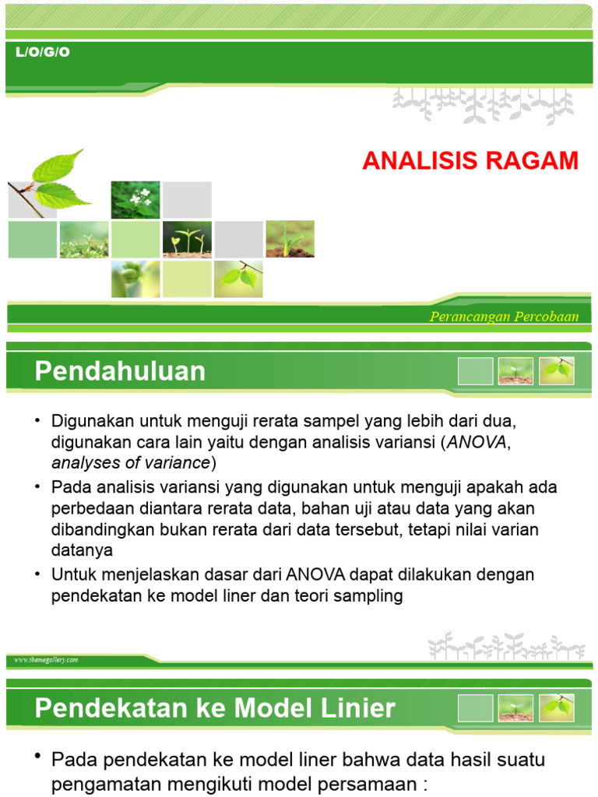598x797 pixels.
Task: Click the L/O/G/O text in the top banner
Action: tap(43, 52)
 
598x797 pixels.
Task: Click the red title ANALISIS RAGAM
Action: tap(470, 161)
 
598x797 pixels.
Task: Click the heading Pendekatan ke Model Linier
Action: tap(215, 709)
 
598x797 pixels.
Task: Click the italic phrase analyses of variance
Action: tap(131, 463)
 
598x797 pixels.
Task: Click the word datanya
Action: tap(82, 550)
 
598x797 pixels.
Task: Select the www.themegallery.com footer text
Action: tap(46, 660)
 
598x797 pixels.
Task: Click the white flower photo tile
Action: tap(135, 200)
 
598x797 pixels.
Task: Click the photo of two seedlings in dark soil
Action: tap(187, 239)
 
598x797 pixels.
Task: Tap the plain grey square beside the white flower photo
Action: tap(187, 200)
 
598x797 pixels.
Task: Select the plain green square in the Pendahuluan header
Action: tap(475, 371)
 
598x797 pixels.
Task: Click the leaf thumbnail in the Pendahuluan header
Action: tap(556, 371)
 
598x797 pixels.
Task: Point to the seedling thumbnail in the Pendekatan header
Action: tap(515, 708)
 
